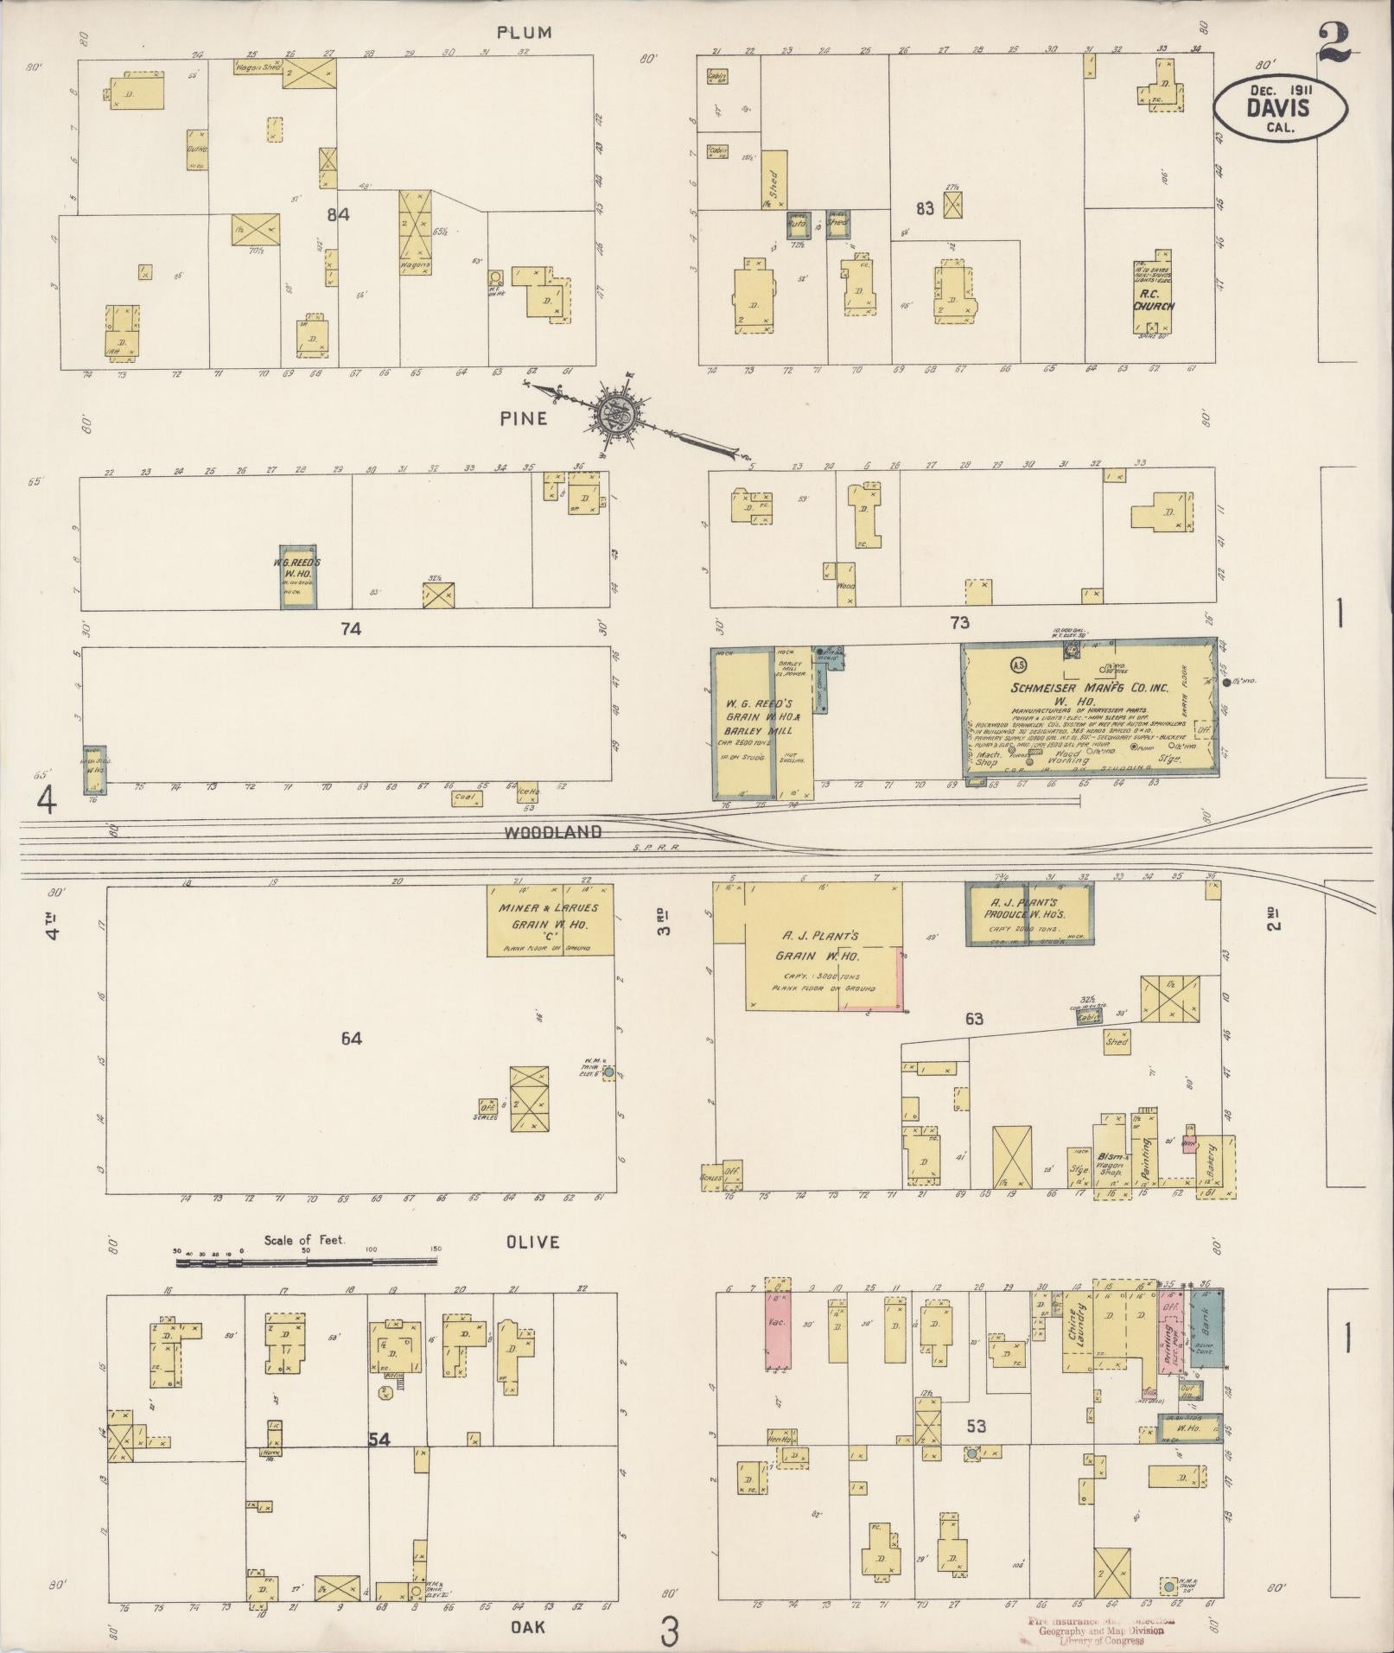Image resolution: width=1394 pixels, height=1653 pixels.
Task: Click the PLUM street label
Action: point(524,33)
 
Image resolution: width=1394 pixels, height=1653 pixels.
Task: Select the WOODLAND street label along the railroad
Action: point(552,832)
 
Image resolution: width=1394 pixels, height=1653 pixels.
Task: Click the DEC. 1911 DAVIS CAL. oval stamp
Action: point(1278,105)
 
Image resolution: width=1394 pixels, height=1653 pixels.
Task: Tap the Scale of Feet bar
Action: point(308,1262)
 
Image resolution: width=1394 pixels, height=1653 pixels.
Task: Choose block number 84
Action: point(338,213)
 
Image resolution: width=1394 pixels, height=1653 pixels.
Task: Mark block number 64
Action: point(351,1039)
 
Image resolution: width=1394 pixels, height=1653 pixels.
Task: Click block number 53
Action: point(977,1426)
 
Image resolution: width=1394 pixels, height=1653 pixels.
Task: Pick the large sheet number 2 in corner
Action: point(1334,41)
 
